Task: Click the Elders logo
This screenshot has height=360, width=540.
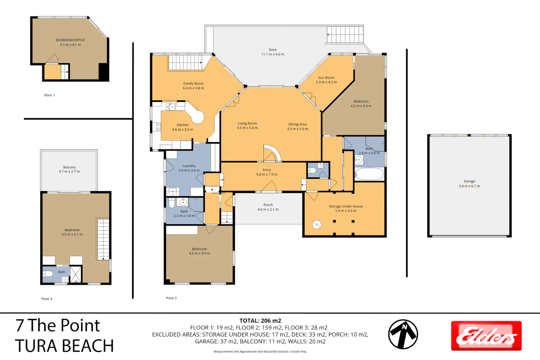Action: click(486, 336)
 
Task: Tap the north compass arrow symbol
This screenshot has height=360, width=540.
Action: click(403, 334)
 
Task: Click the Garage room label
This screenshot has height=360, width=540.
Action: click(469, 184)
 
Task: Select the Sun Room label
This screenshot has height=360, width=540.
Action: click(326, 80)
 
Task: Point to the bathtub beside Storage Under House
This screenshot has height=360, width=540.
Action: click(369, 174)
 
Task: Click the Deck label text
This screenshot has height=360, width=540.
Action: click(273, 52)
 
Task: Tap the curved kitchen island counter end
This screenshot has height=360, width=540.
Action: click(198, 117)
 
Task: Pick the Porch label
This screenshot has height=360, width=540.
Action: click(268, 207)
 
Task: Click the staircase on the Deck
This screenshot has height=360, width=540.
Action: click(345, 35)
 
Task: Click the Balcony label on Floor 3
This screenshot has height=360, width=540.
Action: click(69, 169)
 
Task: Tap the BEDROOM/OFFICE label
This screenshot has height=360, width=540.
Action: click(71, 42)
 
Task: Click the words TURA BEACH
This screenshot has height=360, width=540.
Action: click(64, 346)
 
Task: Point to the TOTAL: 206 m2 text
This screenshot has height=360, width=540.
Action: click(260, 321)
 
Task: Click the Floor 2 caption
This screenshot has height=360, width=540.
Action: click(171, 298)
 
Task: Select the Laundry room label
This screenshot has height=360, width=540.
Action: click(189, 168)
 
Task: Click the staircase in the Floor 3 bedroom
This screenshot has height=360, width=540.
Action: click(103, 239)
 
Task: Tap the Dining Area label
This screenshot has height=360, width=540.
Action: click(297, 126)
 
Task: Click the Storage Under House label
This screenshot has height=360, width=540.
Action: click(346, 208)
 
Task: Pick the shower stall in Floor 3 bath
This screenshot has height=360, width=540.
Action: click(76, 274)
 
